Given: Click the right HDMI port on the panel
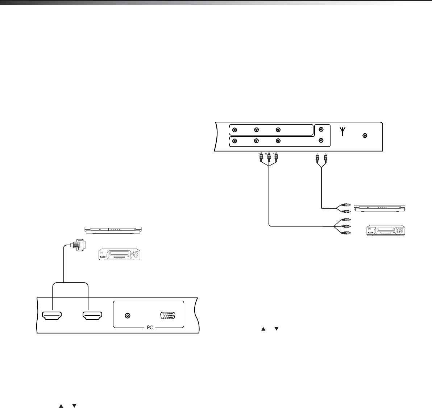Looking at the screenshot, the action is (x=93, y=316).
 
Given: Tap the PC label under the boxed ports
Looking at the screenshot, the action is (x=149, y=327).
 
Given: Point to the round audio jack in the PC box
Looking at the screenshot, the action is (x=127, y=316).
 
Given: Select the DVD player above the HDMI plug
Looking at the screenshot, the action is (x=113, y=230).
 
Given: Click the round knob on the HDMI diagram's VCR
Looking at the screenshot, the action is (x=136, y=255).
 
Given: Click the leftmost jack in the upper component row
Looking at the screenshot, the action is (x=234, y=130).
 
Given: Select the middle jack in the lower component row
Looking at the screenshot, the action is (x=256, y=141).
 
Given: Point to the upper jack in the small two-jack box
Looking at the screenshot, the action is (x=321, y=130).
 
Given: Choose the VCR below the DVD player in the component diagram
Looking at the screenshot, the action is (x=386, y=231).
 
